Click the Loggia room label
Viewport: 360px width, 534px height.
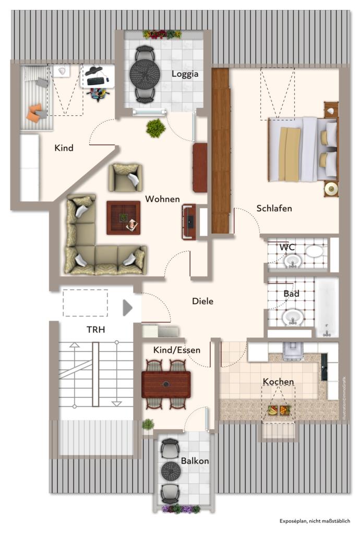(185, 74)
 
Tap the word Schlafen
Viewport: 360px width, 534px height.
(274, 209)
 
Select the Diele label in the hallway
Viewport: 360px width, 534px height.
(202, 301)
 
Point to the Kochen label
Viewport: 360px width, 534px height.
(278, 382)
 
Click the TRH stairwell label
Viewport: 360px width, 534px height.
(95, 330)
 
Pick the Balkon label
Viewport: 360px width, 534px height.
(195, 461)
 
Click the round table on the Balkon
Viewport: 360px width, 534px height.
(170, 471)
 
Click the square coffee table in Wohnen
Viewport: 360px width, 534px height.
(123, 217)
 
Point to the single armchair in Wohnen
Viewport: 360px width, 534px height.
(125, 177)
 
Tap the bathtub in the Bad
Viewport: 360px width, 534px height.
(327, 308)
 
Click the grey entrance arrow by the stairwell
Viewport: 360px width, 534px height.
(127, 308)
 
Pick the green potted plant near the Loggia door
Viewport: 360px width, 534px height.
(155, 128)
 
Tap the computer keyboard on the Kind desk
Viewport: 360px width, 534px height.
(95, 81)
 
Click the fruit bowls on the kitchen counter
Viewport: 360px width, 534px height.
(278, 410)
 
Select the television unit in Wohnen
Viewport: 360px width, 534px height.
(189, 222)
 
